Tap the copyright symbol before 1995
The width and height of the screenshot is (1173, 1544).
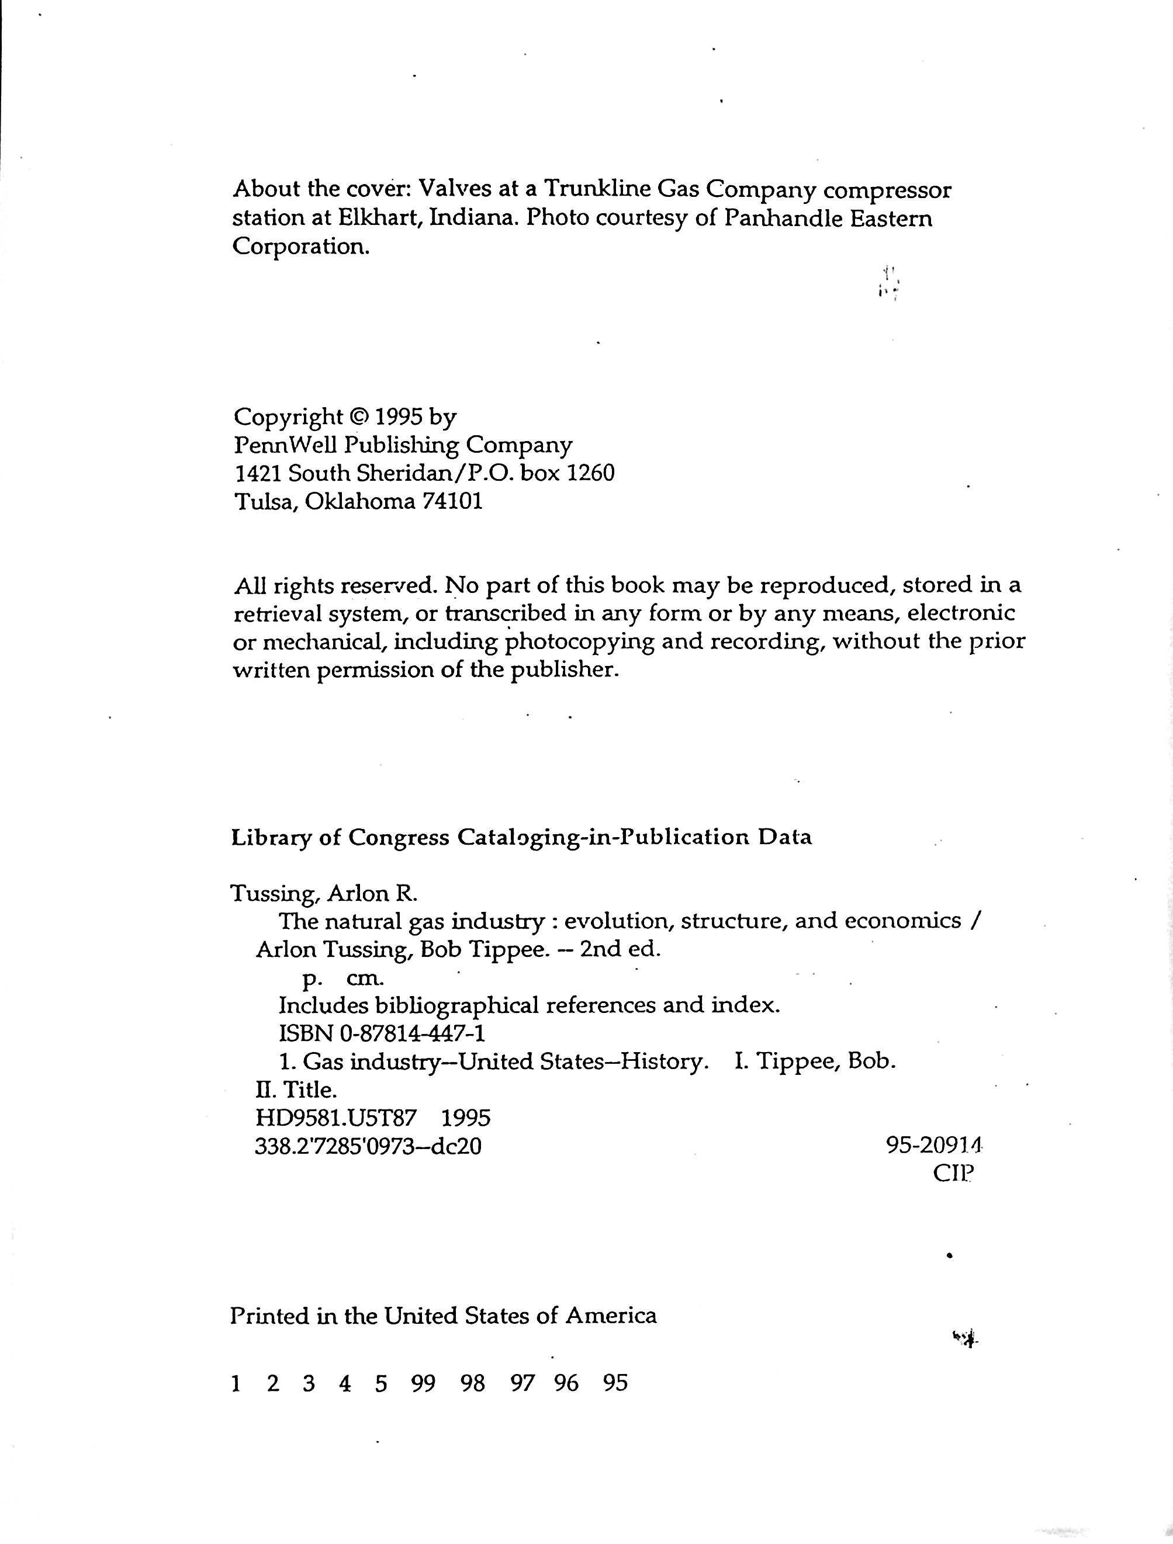358,417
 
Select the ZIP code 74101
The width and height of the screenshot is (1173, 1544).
452,501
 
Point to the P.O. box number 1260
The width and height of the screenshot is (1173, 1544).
591,473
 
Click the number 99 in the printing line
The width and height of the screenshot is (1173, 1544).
423,1383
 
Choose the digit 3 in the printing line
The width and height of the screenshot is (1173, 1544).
309,1383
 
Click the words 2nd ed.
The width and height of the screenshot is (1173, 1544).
620,949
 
